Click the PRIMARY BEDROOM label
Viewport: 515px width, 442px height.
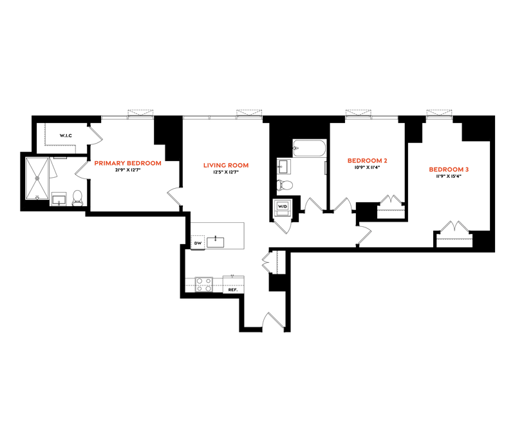127,163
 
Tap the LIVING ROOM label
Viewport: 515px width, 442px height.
226,166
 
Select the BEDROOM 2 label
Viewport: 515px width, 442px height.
367,160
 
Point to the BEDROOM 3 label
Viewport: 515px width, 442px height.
449,169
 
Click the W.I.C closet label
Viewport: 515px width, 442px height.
66,135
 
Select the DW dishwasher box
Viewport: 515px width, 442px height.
198,243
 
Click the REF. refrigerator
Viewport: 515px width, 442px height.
233,285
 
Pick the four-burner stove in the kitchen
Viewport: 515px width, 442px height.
204,285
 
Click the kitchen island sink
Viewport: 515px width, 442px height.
216,242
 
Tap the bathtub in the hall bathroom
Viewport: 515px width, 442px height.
310,148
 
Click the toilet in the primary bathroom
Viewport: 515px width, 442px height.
77,198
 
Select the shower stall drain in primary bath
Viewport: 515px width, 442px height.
37,178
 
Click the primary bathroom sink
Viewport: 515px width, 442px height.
59,199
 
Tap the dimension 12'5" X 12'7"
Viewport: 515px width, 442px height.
226,172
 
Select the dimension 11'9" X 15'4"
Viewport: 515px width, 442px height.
449,176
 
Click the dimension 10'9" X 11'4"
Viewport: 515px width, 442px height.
367,167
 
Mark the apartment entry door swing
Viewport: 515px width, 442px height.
273,320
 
